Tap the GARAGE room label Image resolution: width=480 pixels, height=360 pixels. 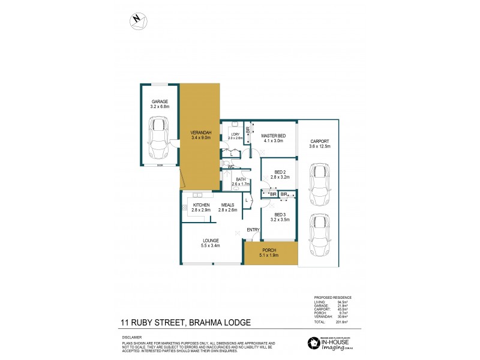[x=159, y=102]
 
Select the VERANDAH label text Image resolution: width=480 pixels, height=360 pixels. [x=200, y=133]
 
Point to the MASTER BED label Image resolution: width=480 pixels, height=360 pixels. [x=273, y=136]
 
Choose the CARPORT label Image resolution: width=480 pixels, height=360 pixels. [x=320, y=141]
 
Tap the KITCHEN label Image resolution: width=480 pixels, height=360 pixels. [x=200, y=205]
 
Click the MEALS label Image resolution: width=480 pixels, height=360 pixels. [x=228, y=205]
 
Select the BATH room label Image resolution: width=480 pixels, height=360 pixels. [x=241, y=179]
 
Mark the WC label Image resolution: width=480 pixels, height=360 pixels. [x=230, y=166]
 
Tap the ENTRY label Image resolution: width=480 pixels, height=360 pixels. [x=253, y=230]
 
